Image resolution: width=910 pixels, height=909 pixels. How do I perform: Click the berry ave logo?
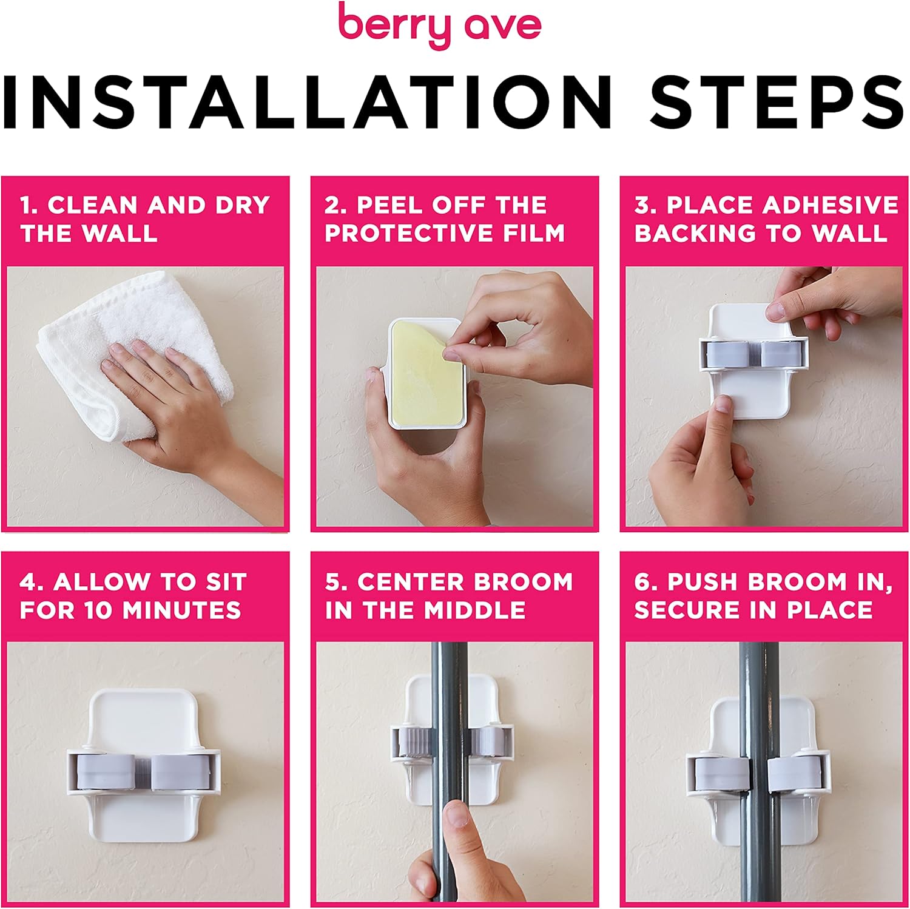439,25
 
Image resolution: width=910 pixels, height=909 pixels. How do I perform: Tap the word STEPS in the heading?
777,101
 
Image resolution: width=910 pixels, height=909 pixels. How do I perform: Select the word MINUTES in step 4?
182,610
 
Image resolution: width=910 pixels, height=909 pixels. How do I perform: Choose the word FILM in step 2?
534,233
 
